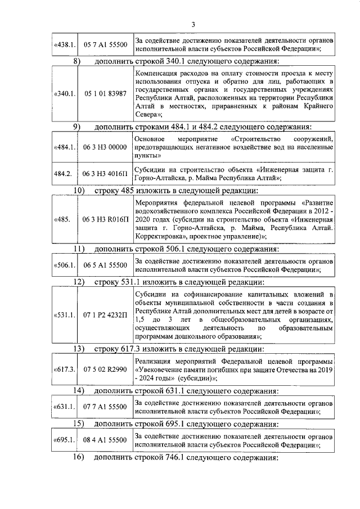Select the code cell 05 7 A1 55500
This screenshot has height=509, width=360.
coord(105,45)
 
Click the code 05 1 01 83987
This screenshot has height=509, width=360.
coord(105,93)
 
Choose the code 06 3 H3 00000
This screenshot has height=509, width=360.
coord(105,147)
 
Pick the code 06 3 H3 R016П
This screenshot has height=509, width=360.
coord(105,218)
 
